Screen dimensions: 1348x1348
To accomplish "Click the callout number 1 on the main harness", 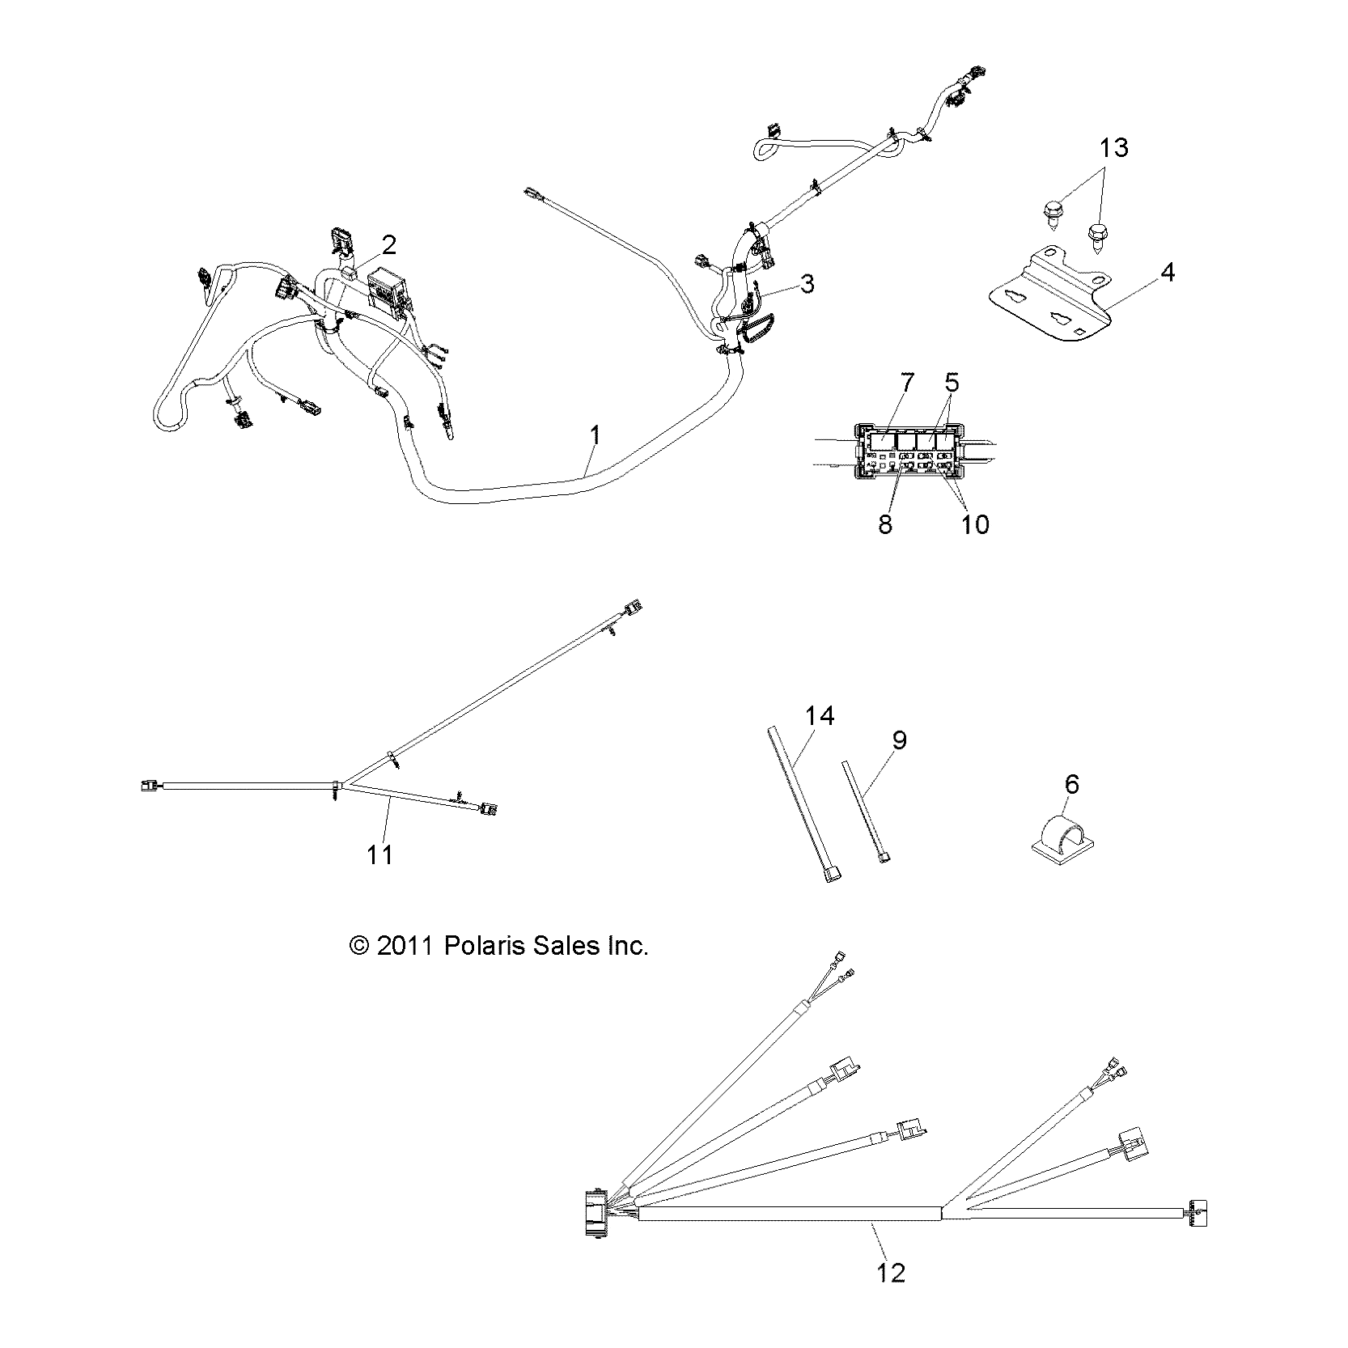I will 596,435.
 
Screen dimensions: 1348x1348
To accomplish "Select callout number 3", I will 806,284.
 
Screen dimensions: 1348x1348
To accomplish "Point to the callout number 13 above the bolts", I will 1113,148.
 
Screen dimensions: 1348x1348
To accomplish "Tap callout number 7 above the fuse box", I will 906,382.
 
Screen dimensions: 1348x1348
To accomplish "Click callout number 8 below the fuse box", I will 885,524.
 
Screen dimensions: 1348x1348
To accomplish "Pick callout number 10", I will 975,524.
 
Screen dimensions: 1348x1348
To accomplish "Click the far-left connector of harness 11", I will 147,784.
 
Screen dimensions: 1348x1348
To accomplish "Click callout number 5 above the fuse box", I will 952,382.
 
